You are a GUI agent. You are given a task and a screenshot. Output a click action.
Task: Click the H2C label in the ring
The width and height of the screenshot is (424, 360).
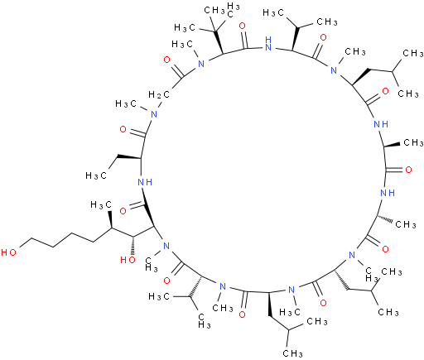[159, 95]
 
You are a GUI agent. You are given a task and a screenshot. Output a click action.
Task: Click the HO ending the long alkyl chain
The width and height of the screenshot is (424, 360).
[8, 252]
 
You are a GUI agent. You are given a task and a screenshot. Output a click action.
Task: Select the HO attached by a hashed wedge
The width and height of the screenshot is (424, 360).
[128, 260]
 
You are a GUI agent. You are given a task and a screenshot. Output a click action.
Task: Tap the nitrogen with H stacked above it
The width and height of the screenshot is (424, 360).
[267, 44]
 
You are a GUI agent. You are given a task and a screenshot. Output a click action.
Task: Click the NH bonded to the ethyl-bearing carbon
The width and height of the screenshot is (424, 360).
[145, 182]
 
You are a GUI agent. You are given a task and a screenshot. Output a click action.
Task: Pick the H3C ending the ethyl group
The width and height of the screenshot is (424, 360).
[96, 175]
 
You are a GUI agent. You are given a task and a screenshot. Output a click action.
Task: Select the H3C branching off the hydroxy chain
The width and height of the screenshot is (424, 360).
[101, 205]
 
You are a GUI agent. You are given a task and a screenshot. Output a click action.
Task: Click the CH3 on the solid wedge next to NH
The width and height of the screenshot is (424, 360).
[413, 142]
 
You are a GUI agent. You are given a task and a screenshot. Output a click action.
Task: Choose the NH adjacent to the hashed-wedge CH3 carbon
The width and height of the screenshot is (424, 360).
[388, 193]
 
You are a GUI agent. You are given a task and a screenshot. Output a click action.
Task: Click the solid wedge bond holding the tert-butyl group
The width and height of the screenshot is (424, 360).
[218, 42]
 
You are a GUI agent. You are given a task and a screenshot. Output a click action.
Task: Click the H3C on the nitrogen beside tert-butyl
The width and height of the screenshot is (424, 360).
[182, 44]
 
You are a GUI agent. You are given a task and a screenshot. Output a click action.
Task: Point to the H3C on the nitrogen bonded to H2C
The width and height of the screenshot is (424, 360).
[126, 104]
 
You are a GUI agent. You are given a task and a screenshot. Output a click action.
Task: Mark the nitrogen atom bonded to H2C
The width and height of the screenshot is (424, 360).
[154, 114]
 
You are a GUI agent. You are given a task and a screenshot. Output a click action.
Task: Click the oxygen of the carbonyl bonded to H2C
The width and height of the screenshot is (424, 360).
[166, 60]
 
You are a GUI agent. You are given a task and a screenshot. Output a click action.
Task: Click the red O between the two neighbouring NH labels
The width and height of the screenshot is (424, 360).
[408, 170]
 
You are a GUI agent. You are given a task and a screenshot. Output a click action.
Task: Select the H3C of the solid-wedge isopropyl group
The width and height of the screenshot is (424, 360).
[273, 12]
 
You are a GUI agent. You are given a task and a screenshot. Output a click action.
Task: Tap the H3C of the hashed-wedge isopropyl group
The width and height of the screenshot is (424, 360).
[159, 296]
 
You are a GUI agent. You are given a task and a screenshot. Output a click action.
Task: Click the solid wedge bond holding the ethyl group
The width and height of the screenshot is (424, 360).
[129, 157]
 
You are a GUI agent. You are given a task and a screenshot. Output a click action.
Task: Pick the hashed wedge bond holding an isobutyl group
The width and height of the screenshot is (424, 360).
[341, 280]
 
